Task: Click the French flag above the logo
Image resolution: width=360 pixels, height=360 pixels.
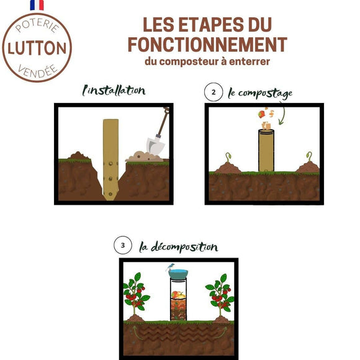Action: (x=37, y=5)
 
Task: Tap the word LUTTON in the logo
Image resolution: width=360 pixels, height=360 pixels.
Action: (x=37, y=48)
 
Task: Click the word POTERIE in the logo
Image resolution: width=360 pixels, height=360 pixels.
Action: (x=37, y=25)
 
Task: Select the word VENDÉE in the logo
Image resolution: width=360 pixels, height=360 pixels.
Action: (x=37, y=71)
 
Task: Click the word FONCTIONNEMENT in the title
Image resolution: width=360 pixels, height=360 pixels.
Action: (x=207, y=45)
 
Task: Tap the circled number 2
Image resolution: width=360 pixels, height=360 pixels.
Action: (x=214, y=92)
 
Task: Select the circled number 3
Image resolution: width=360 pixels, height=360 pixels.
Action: (x=123, y=245)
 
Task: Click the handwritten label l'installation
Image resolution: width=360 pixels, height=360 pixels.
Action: (x=114, y=91)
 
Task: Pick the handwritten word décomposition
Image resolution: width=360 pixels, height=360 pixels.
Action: (x=184, y=247)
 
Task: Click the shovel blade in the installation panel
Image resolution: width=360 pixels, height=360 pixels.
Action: (x=155, y=146)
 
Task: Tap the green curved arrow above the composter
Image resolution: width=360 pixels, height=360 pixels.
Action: (x=283, y=114)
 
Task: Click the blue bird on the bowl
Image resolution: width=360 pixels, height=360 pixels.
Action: (x=170, y=267)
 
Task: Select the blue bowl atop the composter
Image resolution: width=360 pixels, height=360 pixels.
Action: (x=178, y=274)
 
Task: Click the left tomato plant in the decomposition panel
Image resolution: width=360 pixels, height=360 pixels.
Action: (x=135, y=295)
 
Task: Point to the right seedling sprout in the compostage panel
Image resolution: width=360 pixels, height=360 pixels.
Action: (x=309, y=156)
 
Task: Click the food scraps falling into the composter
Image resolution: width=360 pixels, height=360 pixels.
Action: (x=266, y=117)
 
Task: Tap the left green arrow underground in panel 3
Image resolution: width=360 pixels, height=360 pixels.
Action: (x=137, y=332)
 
